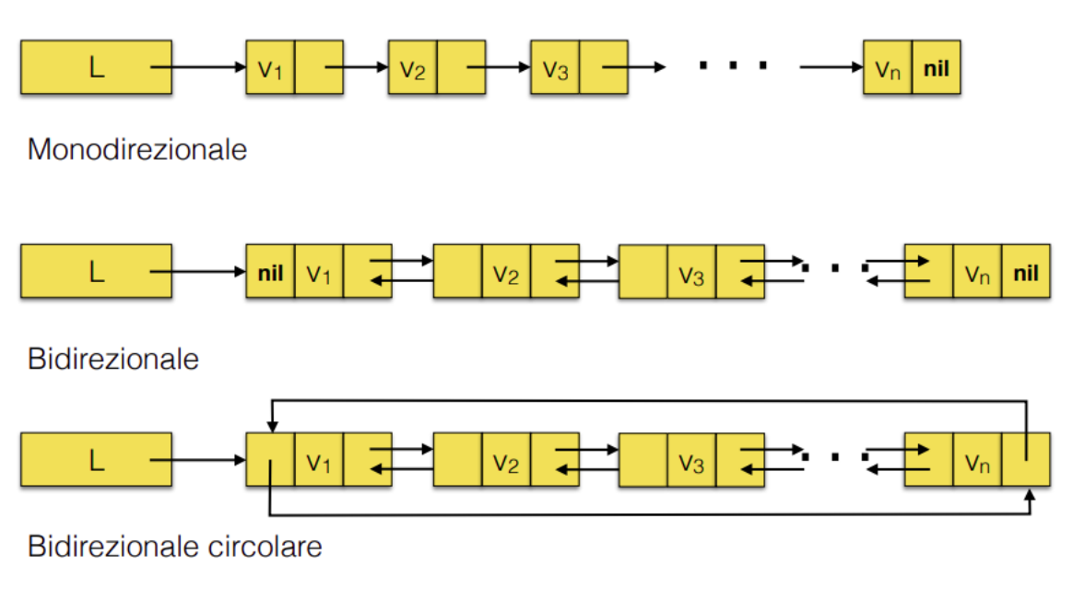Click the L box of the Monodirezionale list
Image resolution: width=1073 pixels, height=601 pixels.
click(x=96, y=66)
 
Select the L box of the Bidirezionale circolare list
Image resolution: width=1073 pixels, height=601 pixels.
click(x=96, y=459)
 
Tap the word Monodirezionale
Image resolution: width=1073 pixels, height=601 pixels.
click(x=137, y=148)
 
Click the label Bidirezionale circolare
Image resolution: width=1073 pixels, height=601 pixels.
click(x=175, y=546)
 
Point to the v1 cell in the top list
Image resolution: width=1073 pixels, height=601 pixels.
click(x=270, y=67)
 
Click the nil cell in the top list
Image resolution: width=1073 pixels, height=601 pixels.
click(x=936, y=67)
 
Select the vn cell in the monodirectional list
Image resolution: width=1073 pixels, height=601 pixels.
click(x=888, y=67)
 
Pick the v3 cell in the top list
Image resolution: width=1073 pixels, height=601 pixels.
click(x=555, y=67)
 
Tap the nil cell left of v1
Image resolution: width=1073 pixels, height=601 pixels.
click(x=270, y=272)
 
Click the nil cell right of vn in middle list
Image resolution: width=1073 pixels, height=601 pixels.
click(x=1025, y=272)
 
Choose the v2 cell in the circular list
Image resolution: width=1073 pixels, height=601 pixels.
click(x=505, y=459)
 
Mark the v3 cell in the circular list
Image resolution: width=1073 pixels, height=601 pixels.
click(x=691, y=459)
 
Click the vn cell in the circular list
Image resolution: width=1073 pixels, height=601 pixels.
click(x=977, y=459)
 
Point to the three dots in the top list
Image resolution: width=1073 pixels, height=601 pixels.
click(x=733, y=65)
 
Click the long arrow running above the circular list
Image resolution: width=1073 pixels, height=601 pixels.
click(x=645, y=401)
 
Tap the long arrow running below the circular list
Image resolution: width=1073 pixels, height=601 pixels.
click(x=645, y=514)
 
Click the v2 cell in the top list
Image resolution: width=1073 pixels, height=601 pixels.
click(x=412, y=67)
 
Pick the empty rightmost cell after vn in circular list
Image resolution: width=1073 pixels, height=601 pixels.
click(x=1025, y=459)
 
